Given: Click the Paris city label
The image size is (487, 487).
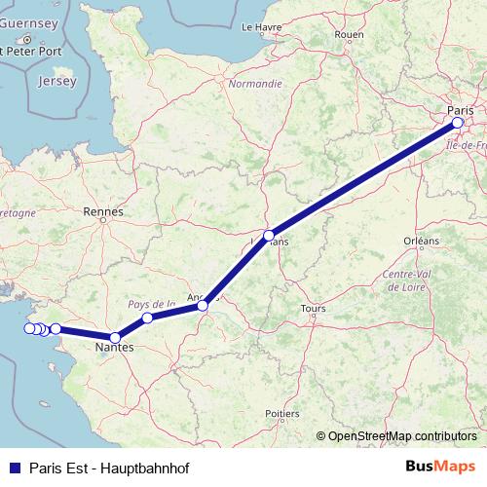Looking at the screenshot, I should (460, 109).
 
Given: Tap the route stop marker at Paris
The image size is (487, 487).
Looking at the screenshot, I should (458, 124).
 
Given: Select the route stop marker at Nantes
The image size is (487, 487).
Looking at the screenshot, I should (115, 337).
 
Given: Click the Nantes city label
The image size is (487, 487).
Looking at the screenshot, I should (114, 348).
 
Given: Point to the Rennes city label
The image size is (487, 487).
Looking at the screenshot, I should (103, 210).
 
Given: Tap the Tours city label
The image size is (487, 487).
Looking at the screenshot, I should (313, 309).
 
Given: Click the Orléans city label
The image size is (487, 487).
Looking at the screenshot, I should (422, 240).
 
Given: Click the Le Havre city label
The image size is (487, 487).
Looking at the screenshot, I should (260, 27).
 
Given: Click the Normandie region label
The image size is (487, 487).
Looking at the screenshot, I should (255, 84).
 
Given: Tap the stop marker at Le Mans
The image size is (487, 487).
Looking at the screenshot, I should (269, 236).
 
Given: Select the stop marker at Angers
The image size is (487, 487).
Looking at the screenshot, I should (203, 306).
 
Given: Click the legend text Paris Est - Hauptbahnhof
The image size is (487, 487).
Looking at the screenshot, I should (109, 467).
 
